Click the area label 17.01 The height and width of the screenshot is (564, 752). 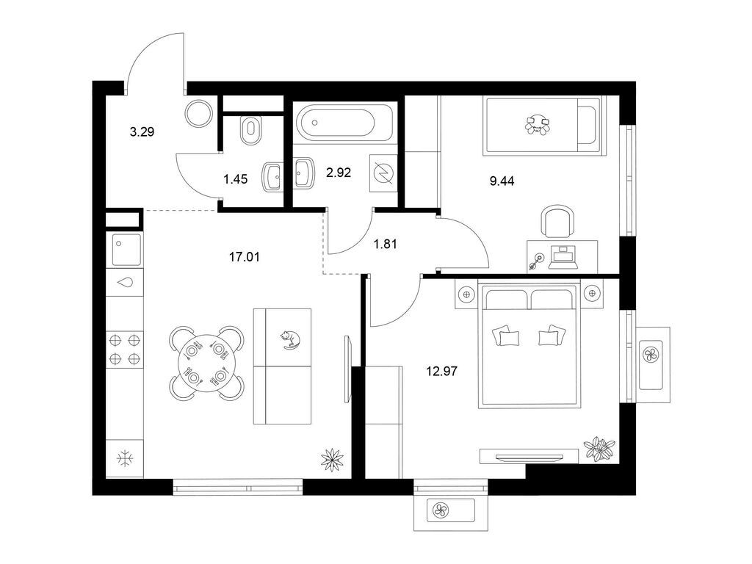coord(244,257)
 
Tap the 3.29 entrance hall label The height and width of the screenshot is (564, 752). coord(142,132)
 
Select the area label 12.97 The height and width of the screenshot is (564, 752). coord(441,371)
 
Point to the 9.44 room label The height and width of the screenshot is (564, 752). coord(502,181)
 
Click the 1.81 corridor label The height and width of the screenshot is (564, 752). coord(385,244)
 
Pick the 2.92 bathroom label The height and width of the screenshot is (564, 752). coord(339,172)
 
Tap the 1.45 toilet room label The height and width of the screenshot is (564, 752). coord(236,179)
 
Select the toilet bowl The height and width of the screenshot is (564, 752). coord(250,131)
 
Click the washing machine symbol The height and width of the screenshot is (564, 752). coord(383,173)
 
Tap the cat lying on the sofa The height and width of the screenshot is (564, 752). coord(290,339)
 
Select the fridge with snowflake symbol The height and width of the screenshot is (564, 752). coord(125,458)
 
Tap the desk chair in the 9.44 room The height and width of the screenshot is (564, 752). coord(558,221)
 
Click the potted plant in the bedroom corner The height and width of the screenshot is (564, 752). coord(599,449)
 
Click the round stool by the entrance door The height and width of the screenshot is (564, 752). coord(198,113)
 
